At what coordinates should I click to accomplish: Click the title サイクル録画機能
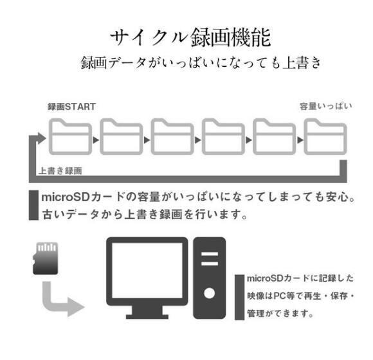click(x=190, y=37)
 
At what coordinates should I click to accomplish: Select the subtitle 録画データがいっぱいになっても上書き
click(x=201, y=63)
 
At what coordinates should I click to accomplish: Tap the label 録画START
click(x=72, y=107)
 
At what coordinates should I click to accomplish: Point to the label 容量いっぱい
click(x=325, y=106)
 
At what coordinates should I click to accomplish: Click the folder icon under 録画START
click(x=70, y=136)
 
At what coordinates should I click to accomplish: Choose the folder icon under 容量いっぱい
click(x=325, y=136)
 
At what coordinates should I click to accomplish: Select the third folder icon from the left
click(x=172, y=136)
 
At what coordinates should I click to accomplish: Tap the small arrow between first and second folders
click(x=96, y=140)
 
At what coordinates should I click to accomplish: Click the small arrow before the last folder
click(x=300, y=140)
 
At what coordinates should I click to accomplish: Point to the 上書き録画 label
click(x=60, y=171)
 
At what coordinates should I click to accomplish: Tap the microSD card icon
click(x=45, y=258)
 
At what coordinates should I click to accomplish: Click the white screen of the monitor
click(x=147, y=271)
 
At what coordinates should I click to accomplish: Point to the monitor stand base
click(x=147, y=316)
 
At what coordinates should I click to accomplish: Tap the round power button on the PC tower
click(x=210, y=293)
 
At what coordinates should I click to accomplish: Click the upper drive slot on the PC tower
click(x=210, y=254)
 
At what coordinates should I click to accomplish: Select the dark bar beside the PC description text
click(x=239, y=298)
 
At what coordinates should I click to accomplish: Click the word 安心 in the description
click(x=338, y=197)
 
